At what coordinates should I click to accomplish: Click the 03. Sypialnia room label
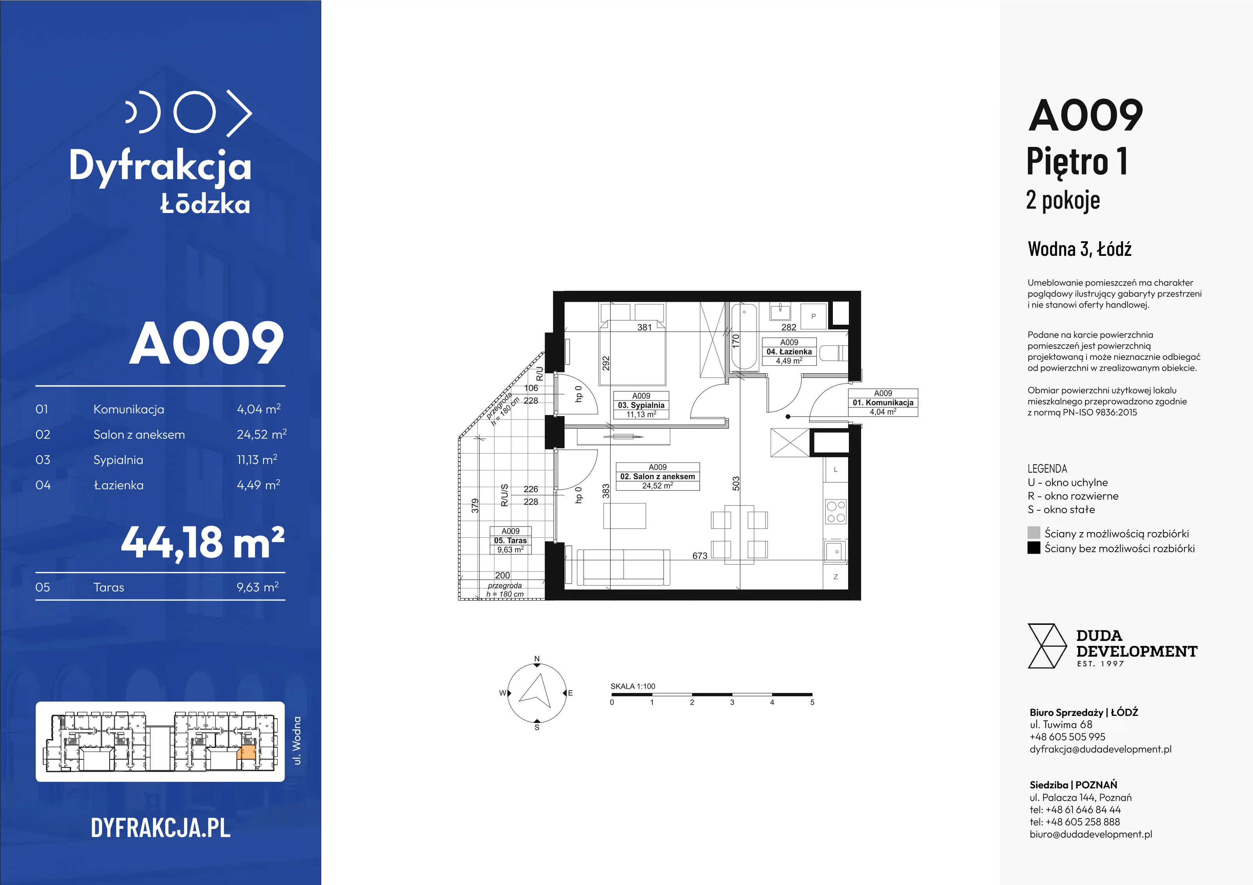[x=641, y=405]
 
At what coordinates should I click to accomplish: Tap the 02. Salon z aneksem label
[x=657, y=476]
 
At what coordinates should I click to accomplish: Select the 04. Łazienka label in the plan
[x=789, y=352]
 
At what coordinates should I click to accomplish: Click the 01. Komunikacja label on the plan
[x=883, y=403]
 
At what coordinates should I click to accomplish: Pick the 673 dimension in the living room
[x=700, y=556]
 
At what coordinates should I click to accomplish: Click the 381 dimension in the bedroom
[x=645, y=327]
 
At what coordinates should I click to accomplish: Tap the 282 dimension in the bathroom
[x=789, y=327]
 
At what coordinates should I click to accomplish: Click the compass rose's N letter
[x=537, y=659]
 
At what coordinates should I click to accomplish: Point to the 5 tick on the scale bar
[x=812, y=702]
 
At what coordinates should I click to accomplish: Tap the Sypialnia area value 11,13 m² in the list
[x=257, y=460]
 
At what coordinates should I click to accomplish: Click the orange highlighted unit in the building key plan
[x=247, y=752]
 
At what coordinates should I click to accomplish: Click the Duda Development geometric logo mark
[x=1047, y=646]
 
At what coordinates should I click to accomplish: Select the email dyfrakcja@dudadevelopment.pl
[x=1100, y=749]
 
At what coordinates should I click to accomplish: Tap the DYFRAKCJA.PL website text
[x=161, y=828]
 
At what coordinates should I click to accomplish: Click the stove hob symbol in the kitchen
[x=836, y=511]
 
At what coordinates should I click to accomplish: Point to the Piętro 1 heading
[x=1077, y=162]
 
